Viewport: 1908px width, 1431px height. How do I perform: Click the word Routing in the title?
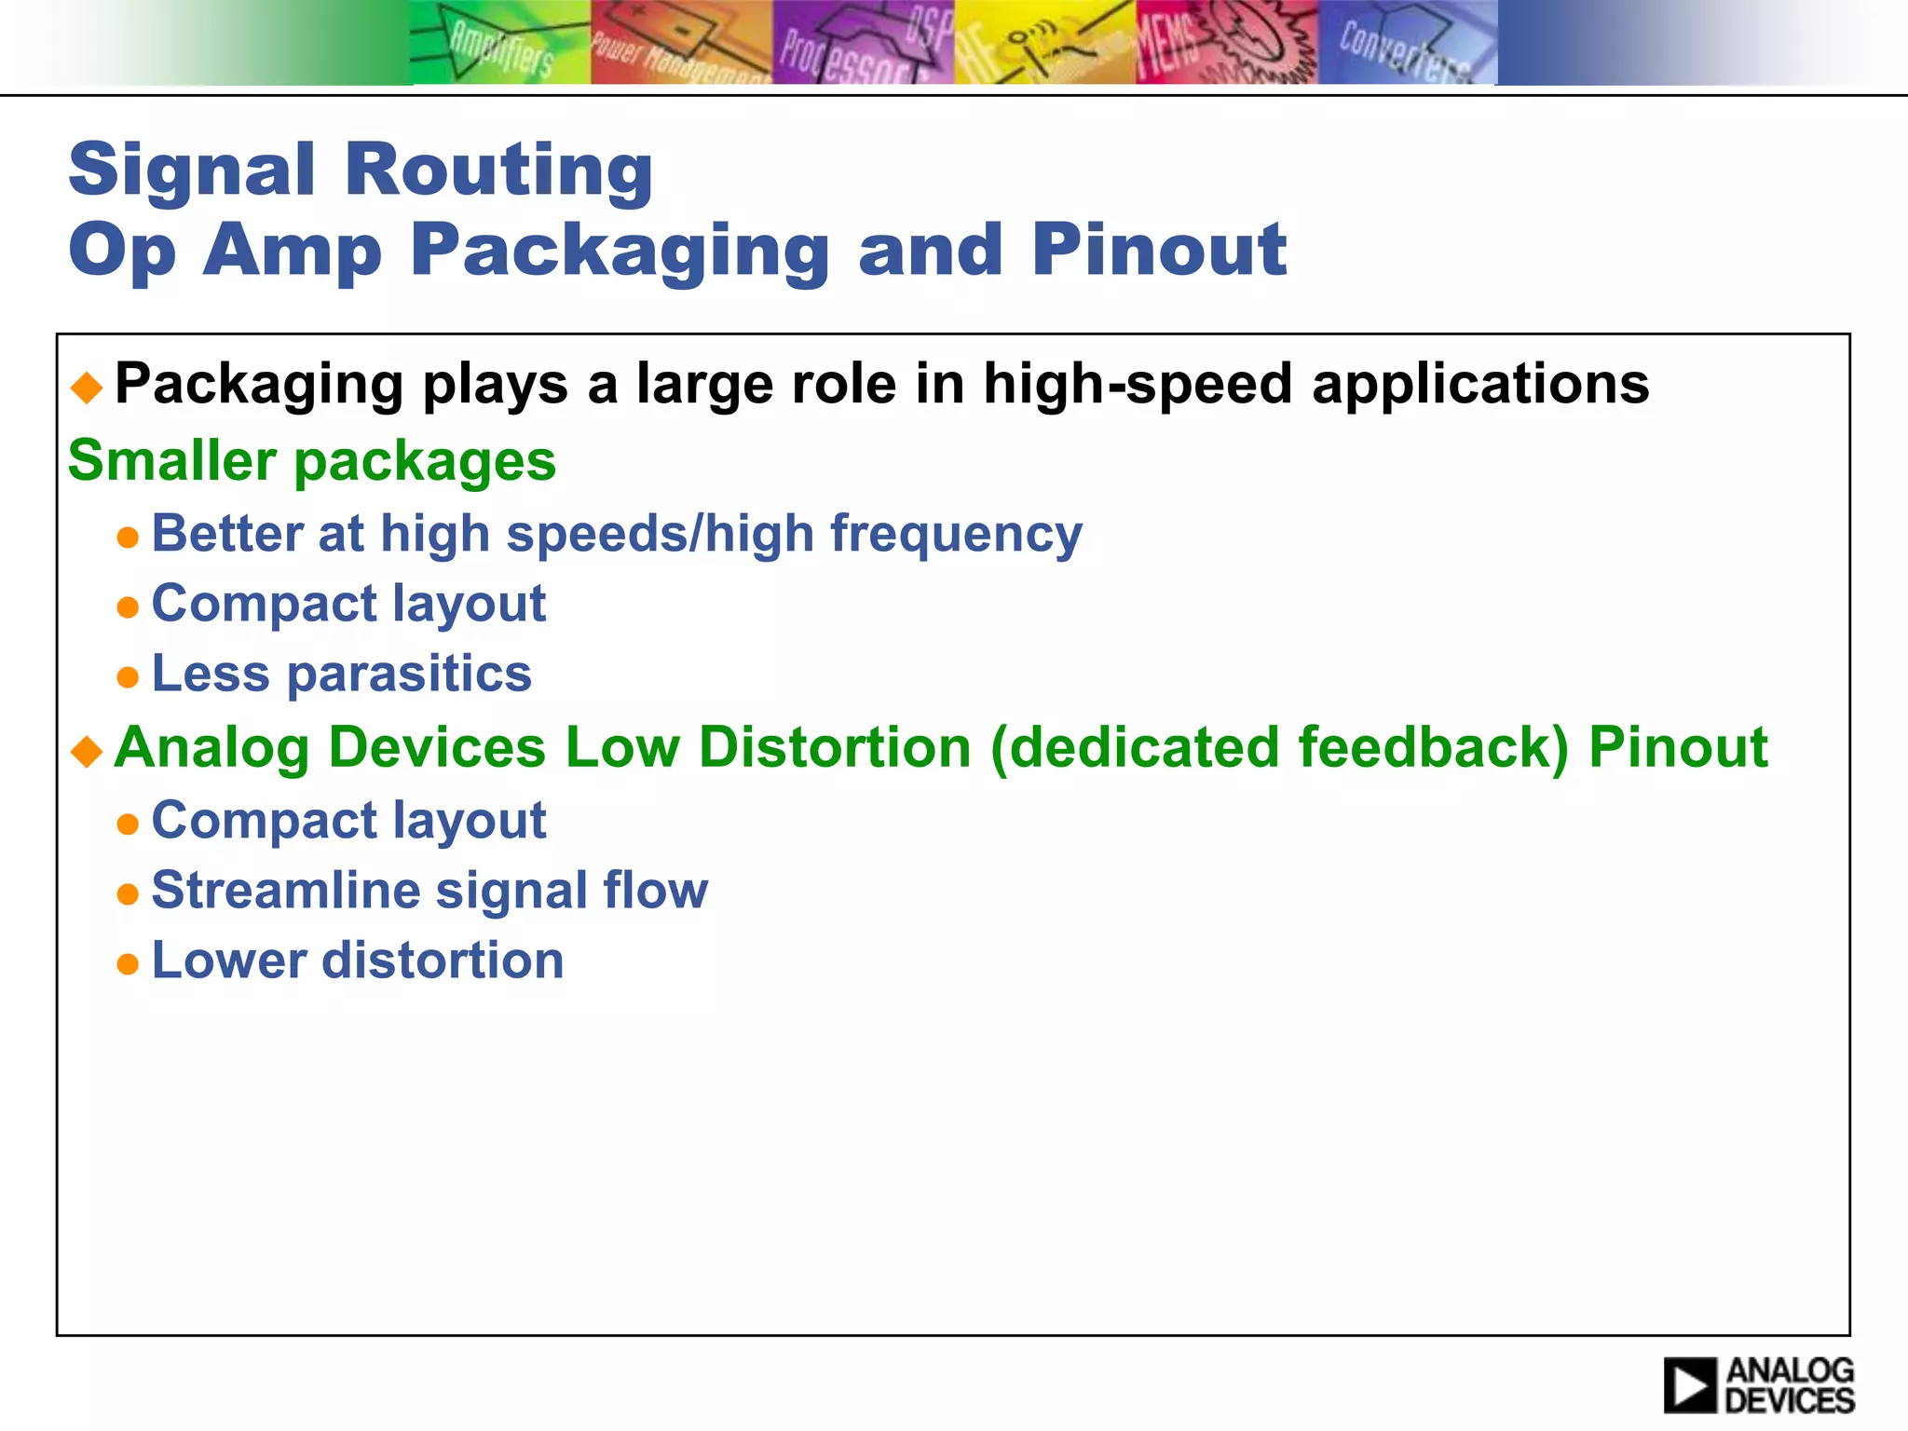tap(498, 170)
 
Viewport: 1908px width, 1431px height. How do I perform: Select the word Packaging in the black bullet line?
tap(258, 384)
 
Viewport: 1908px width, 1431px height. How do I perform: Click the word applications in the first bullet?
tap(1480, 384)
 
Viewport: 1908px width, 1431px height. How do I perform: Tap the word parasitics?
tap(409, 674)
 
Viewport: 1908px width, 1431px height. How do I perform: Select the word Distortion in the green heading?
tap(835, 747)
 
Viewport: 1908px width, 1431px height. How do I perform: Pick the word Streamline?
tap(285, 890)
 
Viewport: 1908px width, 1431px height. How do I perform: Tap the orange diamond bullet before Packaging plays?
tap(88, 387)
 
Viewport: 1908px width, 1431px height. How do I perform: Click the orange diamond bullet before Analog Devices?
tap(88, 750)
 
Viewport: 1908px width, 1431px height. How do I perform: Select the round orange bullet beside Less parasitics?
tap(128, 676)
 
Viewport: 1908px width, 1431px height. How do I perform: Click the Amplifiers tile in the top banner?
tap(500, 43)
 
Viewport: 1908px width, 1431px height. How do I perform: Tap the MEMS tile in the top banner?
tap(1226, 43)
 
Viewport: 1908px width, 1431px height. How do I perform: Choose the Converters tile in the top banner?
tap(1407, 43)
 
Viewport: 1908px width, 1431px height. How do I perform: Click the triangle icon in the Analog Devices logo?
tap(1689, 1385)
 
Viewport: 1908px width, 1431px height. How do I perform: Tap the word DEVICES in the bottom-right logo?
tap(1790, 1400)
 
